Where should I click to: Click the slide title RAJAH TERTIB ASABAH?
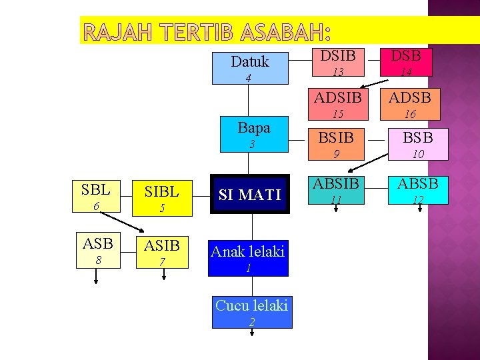coord(207,33)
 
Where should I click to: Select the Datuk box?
coord(250,68)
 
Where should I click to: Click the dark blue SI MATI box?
coord(250,195)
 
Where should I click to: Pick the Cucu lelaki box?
coord(252,312)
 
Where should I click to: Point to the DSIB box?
coord(339,63)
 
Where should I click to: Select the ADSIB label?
coord(338,97)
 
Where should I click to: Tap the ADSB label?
coord(410,97)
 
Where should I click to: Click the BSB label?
coord(418,137)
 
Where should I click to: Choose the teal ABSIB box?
coord(337,189)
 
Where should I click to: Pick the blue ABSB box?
coord(418,189)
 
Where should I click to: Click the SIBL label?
coord(162,192)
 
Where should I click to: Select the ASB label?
coord(97,243)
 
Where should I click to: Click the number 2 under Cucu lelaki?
coord(251,322)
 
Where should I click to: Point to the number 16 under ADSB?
coord(410,114)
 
